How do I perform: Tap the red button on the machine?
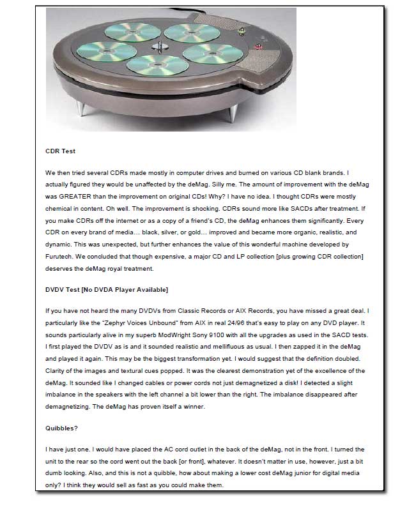(x=259, y=46)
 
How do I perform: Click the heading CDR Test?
(x=61, y=152)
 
